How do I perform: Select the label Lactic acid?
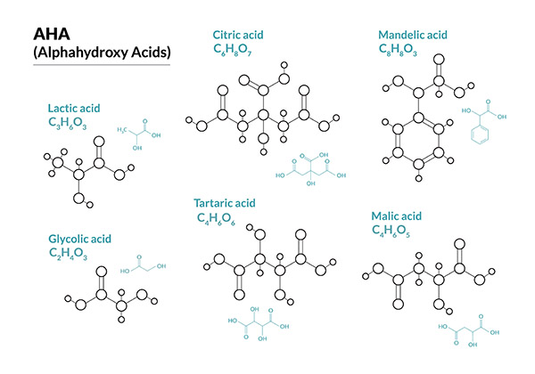(74, 108)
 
